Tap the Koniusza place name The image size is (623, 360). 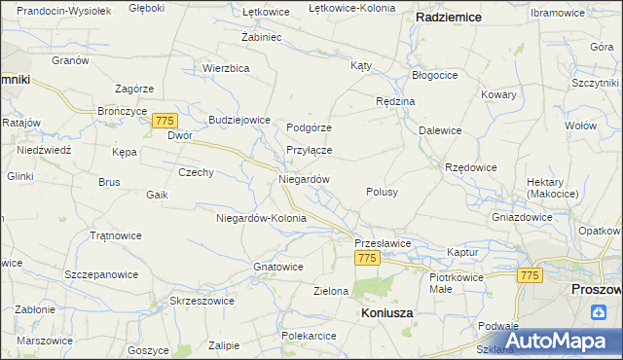386,313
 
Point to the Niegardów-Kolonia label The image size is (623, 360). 261,218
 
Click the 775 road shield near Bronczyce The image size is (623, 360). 164,119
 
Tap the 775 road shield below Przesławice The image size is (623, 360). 366,258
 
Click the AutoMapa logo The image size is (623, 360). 558,341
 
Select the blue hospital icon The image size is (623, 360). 598,311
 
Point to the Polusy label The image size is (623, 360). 382,193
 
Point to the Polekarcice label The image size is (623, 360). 309,336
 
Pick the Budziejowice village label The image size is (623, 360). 238,120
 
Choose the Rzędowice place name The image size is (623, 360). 471,167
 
